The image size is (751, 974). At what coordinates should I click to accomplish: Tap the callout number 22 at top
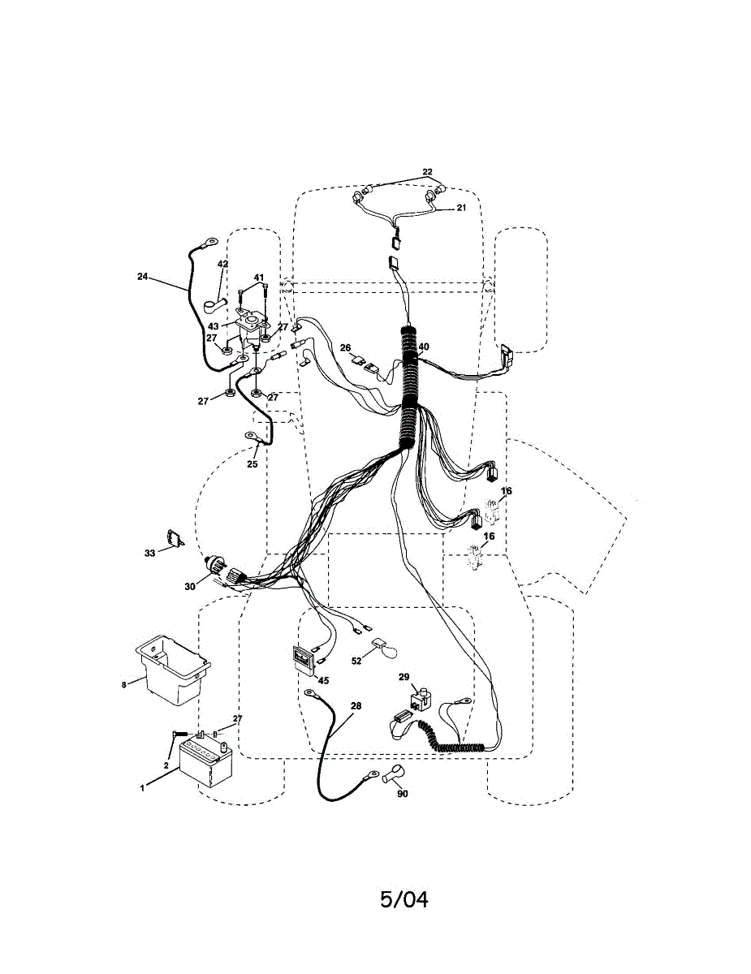[427, 172]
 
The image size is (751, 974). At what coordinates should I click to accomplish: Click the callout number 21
[461, 208]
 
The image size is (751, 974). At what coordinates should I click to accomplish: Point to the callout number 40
[424, 347]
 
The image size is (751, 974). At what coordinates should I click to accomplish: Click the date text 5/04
[404, 899]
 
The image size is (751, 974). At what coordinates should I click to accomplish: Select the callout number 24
[143, 277]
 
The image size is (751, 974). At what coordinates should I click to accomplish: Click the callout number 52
[356, 662]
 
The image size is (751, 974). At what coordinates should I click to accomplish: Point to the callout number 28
[356, 706]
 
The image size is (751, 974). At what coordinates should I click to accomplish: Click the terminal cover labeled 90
[393, 774]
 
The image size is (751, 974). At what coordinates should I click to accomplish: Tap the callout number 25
[252, 464]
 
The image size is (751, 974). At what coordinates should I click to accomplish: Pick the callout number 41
[259, 278]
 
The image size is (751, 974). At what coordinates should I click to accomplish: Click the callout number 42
[222, 265]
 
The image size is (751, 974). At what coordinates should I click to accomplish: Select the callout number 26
[345, 348]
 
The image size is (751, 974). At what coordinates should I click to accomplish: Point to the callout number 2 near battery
[166, 765]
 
